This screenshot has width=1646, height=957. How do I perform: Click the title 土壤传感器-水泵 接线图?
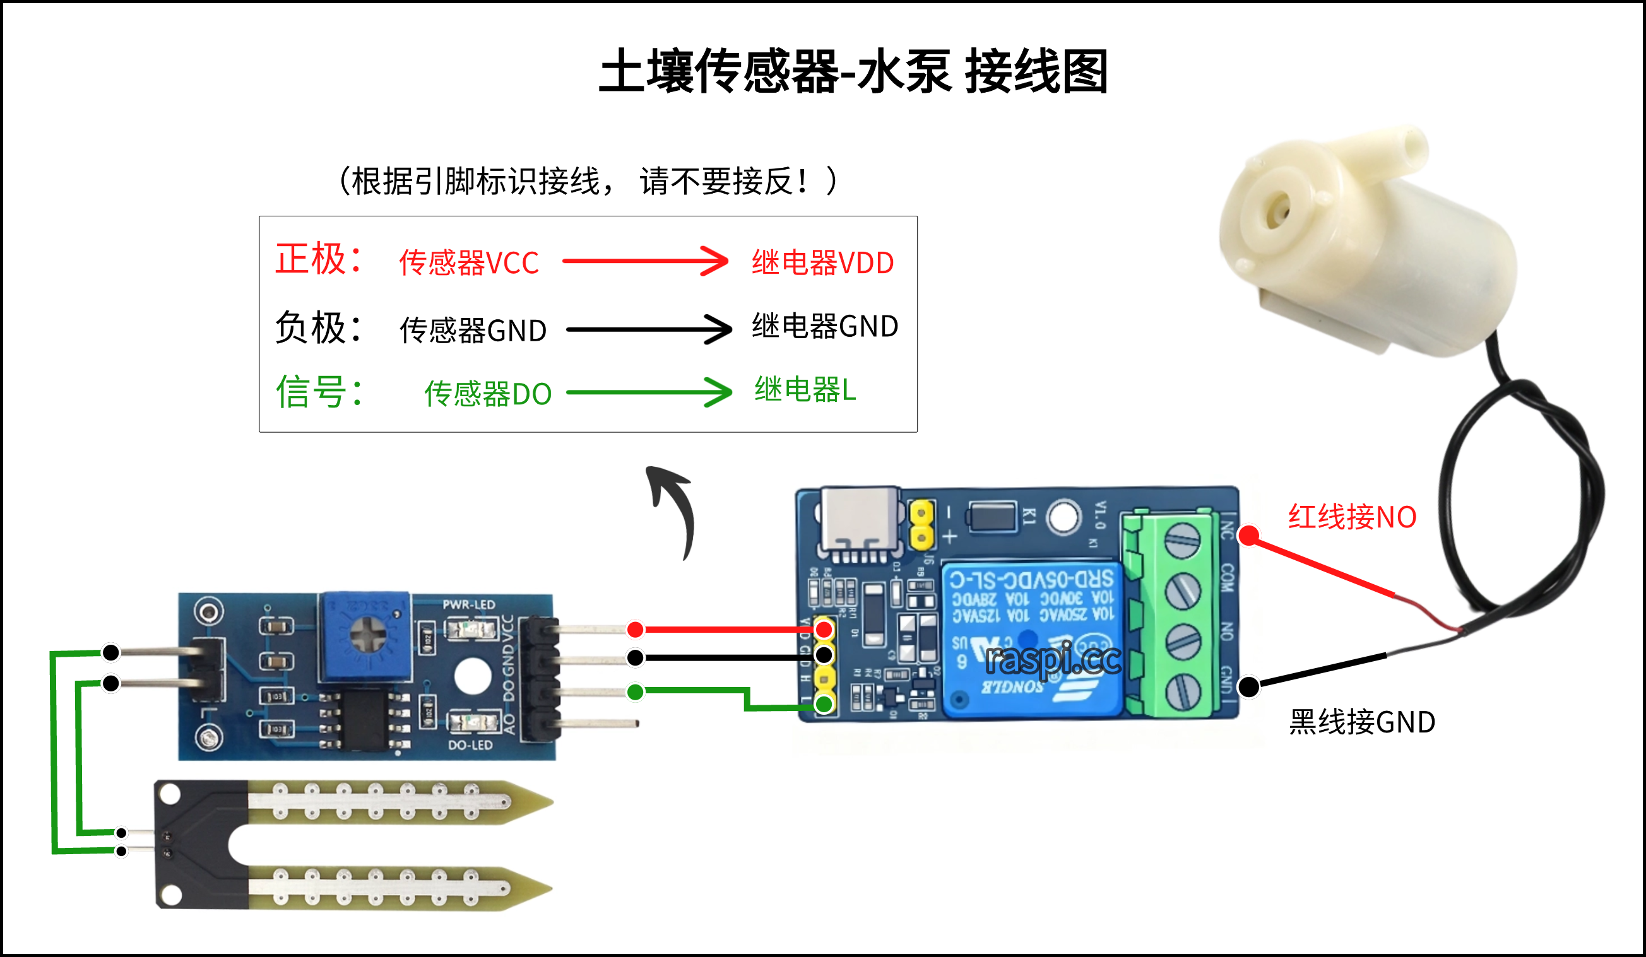coord(853,72)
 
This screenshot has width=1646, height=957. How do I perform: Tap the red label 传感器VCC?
coord(469,262)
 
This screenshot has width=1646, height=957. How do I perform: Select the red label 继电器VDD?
coord(822,262)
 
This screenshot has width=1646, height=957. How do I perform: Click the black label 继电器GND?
coord(824,326)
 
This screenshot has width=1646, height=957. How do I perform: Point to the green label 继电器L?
coord(805,390)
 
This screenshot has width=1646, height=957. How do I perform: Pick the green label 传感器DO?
coord(488,394)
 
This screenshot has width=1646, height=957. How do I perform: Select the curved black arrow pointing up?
coord(673,509)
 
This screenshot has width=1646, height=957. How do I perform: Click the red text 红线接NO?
coord(1352,517)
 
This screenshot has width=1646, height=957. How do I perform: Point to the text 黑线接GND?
coord(1362,722)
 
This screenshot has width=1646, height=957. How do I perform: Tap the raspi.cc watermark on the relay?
coord(1052,659)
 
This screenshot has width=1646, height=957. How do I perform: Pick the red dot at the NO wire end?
coord(1249,536)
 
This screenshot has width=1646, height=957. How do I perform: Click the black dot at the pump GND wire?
coord(1249,687)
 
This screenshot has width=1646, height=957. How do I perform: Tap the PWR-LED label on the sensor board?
coord(468,604)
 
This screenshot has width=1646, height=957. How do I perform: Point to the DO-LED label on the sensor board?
coord(470,745)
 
